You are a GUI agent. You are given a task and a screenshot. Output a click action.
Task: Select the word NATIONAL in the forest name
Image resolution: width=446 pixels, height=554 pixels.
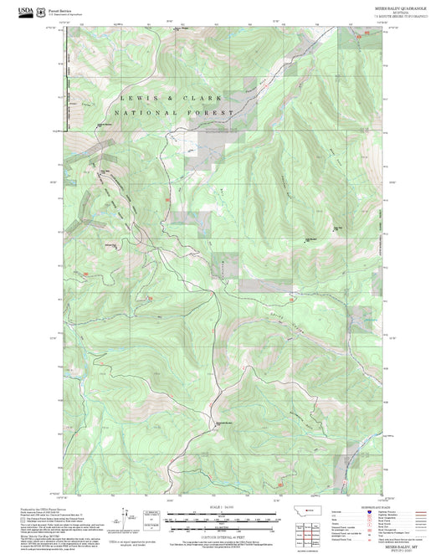tap(142, 112)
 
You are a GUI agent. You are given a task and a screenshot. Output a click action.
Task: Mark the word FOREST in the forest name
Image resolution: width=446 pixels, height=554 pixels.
tap(205, 112)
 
